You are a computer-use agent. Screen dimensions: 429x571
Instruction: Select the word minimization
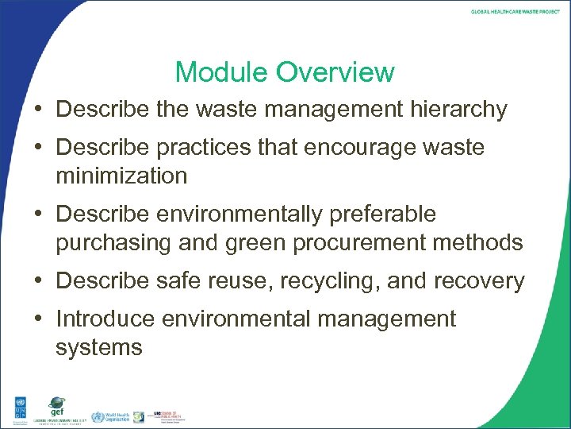[121, 175]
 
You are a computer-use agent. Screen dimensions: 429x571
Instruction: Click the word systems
[98, 347]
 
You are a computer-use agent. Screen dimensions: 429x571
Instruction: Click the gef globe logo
[56, 406]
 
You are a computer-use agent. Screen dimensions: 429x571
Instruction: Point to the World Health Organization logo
[107, 416]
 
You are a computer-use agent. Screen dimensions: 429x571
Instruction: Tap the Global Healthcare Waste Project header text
[515, 12]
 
